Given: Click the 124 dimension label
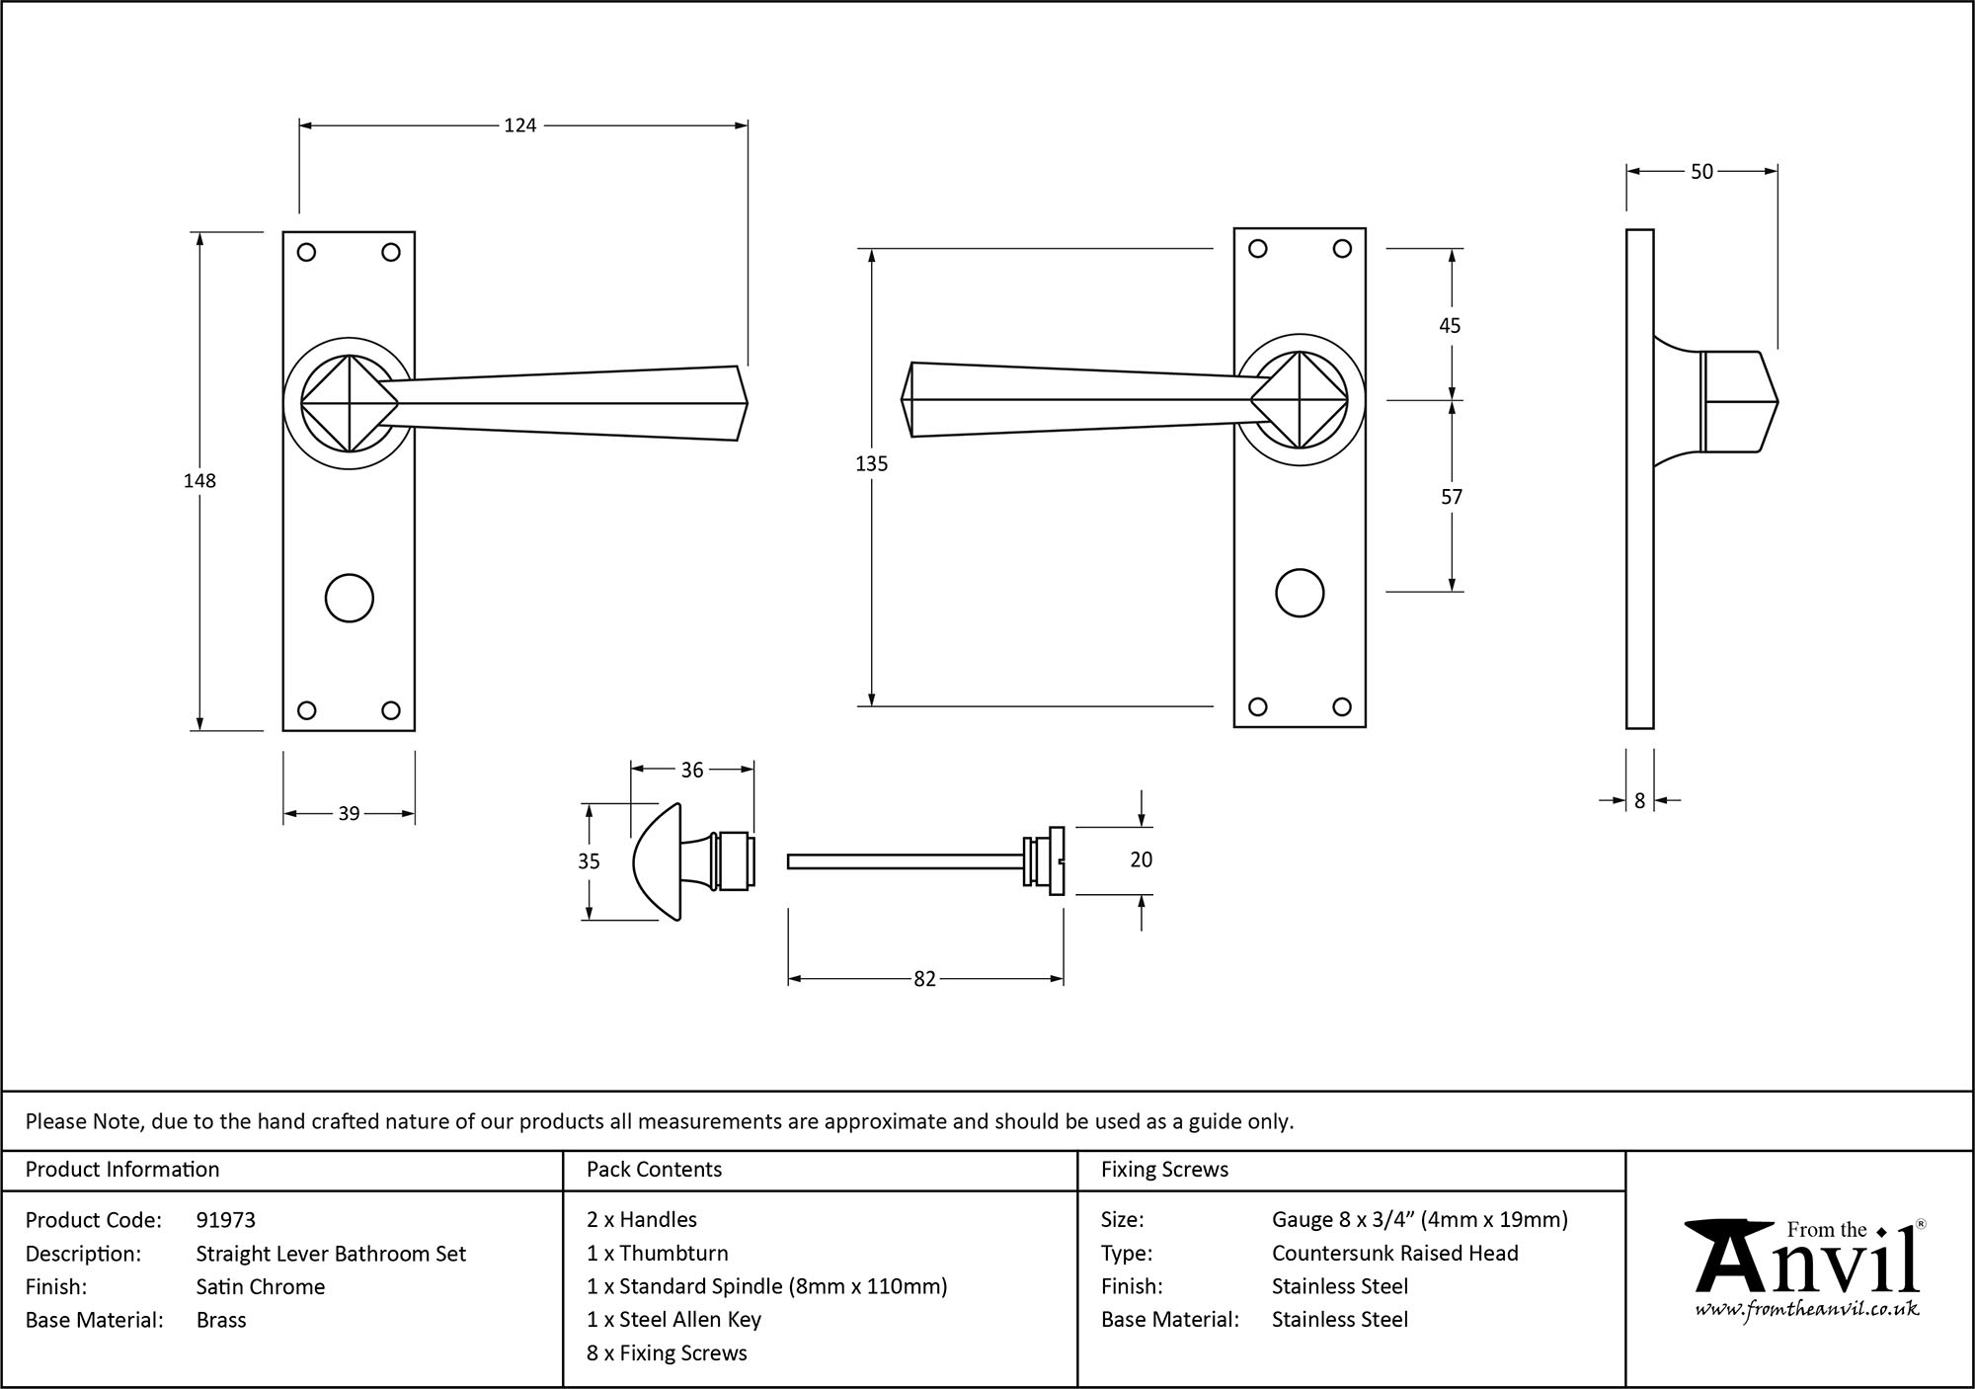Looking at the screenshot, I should click(519, 125).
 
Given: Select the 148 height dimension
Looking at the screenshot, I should click(199, 481).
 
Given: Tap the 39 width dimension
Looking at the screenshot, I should click(349, 814).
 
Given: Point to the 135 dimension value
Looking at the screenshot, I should click(871, 463).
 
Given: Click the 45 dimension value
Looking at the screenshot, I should click(1450, 325).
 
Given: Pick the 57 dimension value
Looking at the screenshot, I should click(1451, 497).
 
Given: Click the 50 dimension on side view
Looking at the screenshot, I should click(1701, 172).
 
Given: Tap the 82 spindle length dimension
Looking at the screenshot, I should click(924, 979).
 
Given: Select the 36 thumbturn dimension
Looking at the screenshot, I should click(692, 770).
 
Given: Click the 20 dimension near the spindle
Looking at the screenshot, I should click(1141, 860).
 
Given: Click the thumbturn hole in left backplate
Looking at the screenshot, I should click(349, 599).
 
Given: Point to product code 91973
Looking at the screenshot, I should click(226, 1220).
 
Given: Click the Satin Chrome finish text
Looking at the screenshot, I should click(261, 1286).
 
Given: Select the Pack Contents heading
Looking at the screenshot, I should click(654, 1170).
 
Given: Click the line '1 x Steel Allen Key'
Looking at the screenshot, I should click(673, 1320).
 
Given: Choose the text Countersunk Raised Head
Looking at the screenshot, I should click(1394, 1254).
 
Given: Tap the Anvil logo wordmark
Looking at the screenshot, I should click(1807, 1265).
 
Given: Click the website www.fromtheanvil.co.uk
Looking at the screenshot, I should click(1807, 1310).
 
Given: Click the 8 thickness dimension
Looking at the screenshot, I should click(1639, 801).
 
